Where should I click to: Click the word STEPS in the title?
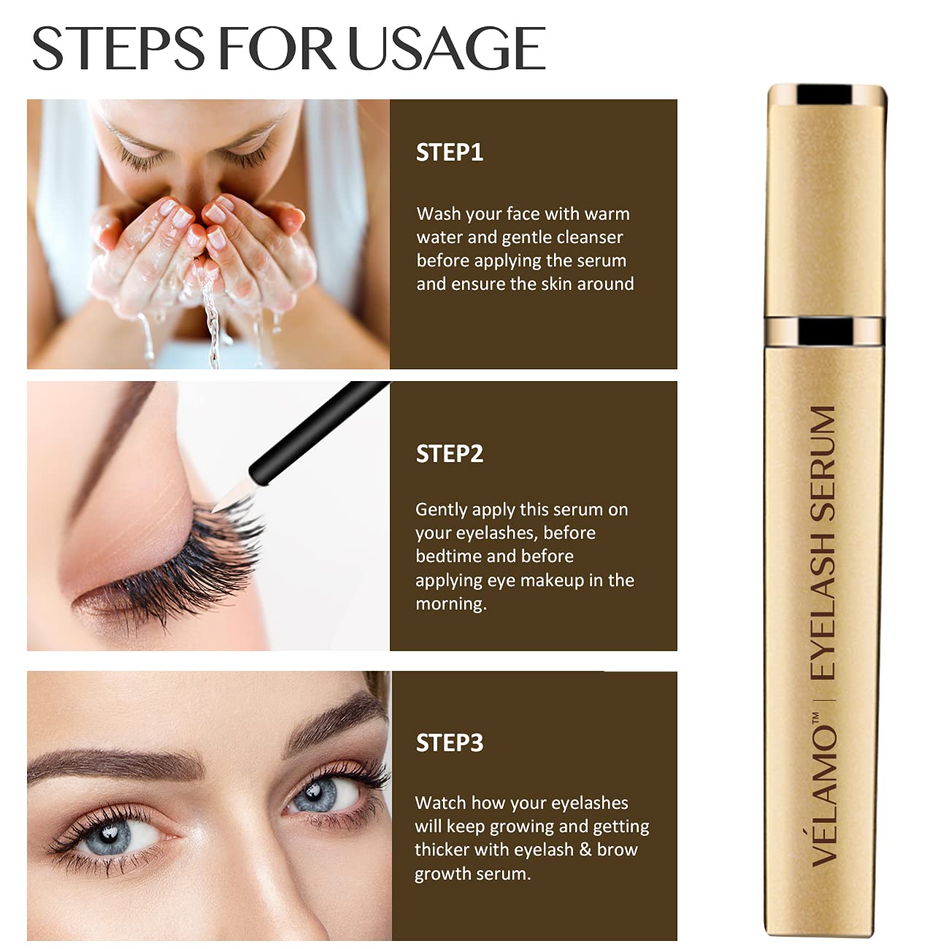pyautogui.click(x=118, y=49)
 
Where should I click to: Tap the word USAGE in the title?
pyautogui.click(x=447, y=49)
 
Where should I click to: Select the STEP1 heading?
pyautogui.click(x=450, y=153)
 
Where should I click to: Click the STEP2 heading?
pyautogui.click(x=450, y=454)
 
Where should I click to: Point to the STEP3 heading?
pyautogui.click(x=450, y=743)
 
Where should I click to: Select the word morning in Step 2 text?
pyautogui.click(x=450, y=604)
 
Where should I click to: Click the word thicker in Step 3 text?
pyautogui.click(x=442, y=850)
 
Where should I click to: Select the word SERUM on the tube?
pyautogui.click(x=823, y=463)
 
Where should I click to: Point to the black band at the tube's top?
pyautogui.click(x=824, y=95)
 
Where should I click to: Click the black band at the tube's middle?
pyautogui.click(x=824, y=331)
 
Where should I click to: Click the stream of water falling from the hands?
pyautogui.click(x=212, y=321)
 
